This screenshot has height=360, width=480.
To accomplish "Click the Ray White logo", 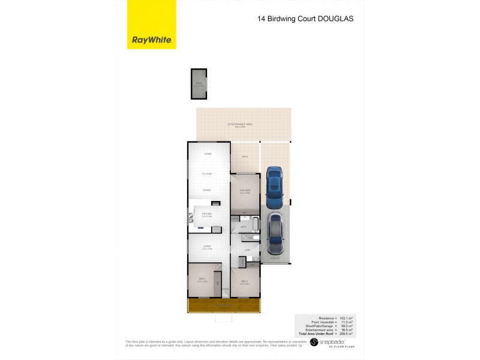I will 152,40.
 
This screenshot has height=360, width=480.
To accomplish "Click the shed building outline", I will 199,84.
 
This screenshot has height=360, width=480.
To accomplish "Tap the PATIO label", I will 245,157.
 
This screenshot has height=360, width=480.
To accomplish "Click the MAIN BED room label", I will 245,191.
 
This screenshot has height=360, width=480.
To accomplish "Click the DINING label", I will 206,190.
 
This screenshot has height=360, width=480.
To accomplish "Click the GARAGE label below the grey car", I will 274,259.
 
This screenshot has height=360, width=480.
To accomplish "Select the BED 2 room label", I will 245,281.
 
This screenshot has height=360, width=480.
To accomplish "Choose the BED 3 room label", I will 202,279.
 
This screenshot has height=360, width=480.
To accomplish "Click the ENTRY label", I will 224,290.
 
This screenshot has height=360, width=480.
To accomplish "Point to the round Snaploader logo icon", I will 313,342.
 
